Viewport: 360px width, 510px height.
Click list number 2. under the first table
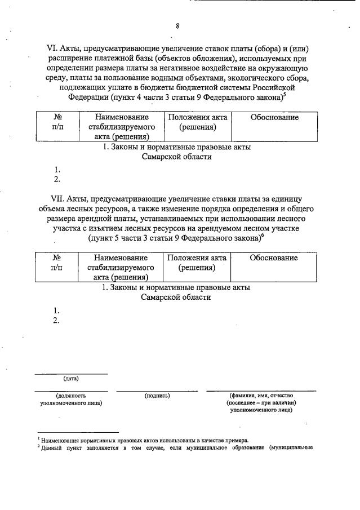click(x=57, y=180)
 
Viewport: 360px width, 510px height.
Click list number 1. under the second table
click(x=56, y=311)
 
